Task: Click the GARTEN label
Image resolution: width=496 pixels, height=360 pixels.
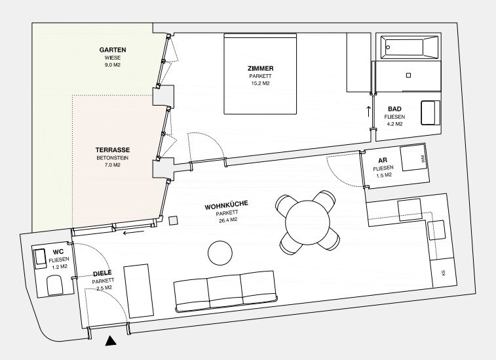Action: coord(113,50)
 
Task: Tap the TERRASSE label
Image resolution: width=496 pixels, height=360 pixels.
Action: coord(113,150)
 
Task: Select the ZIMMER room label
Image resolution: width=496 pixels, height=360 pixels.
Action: coord(260,68)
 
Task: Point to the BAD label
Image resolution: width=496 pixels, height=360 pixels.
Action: coord(394,109)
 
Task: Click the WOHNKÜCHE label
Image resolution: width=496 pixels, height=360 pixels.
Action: coord(227,205)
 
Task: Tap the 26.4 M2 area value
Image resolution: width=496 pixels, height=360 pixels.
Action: coord(228,219)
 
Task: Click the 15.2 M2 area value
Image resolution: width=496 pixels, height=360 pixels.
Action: coord(260,83)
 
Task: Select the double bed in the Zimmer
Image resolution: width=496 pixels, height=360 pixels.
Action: coord(260,73)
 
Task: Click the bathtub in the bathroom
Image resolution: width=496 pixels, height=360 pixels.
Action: coord(410,47)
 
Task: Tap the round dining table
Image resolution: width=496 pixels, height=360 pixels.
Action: coord(307,222)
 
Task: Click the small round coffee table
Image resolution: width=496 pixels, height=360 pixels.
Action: coord(220,252)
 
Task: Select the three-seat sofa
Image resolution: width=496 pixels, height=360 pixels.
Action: coord(226,291)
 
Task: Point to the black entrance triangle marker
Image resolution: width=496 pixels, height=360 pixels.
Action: coord(111,341)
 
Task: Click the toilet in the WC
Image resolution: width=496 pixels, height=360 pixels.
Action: coord(55,285)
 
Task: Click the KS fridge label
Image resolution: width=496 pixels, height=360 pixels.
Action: coord(443,272)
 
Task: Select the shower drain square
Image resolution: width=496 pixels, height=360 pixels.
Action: coord(408,75)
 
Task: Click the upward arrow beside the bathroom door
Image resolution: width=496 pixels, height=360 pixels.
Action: coord(368,111)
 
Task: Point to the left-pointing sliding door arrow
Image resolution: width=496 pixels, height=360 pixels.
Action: coord(134,233)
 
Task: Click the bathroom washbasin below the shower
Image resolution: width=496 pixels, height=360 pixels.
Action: coord(430,113)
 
